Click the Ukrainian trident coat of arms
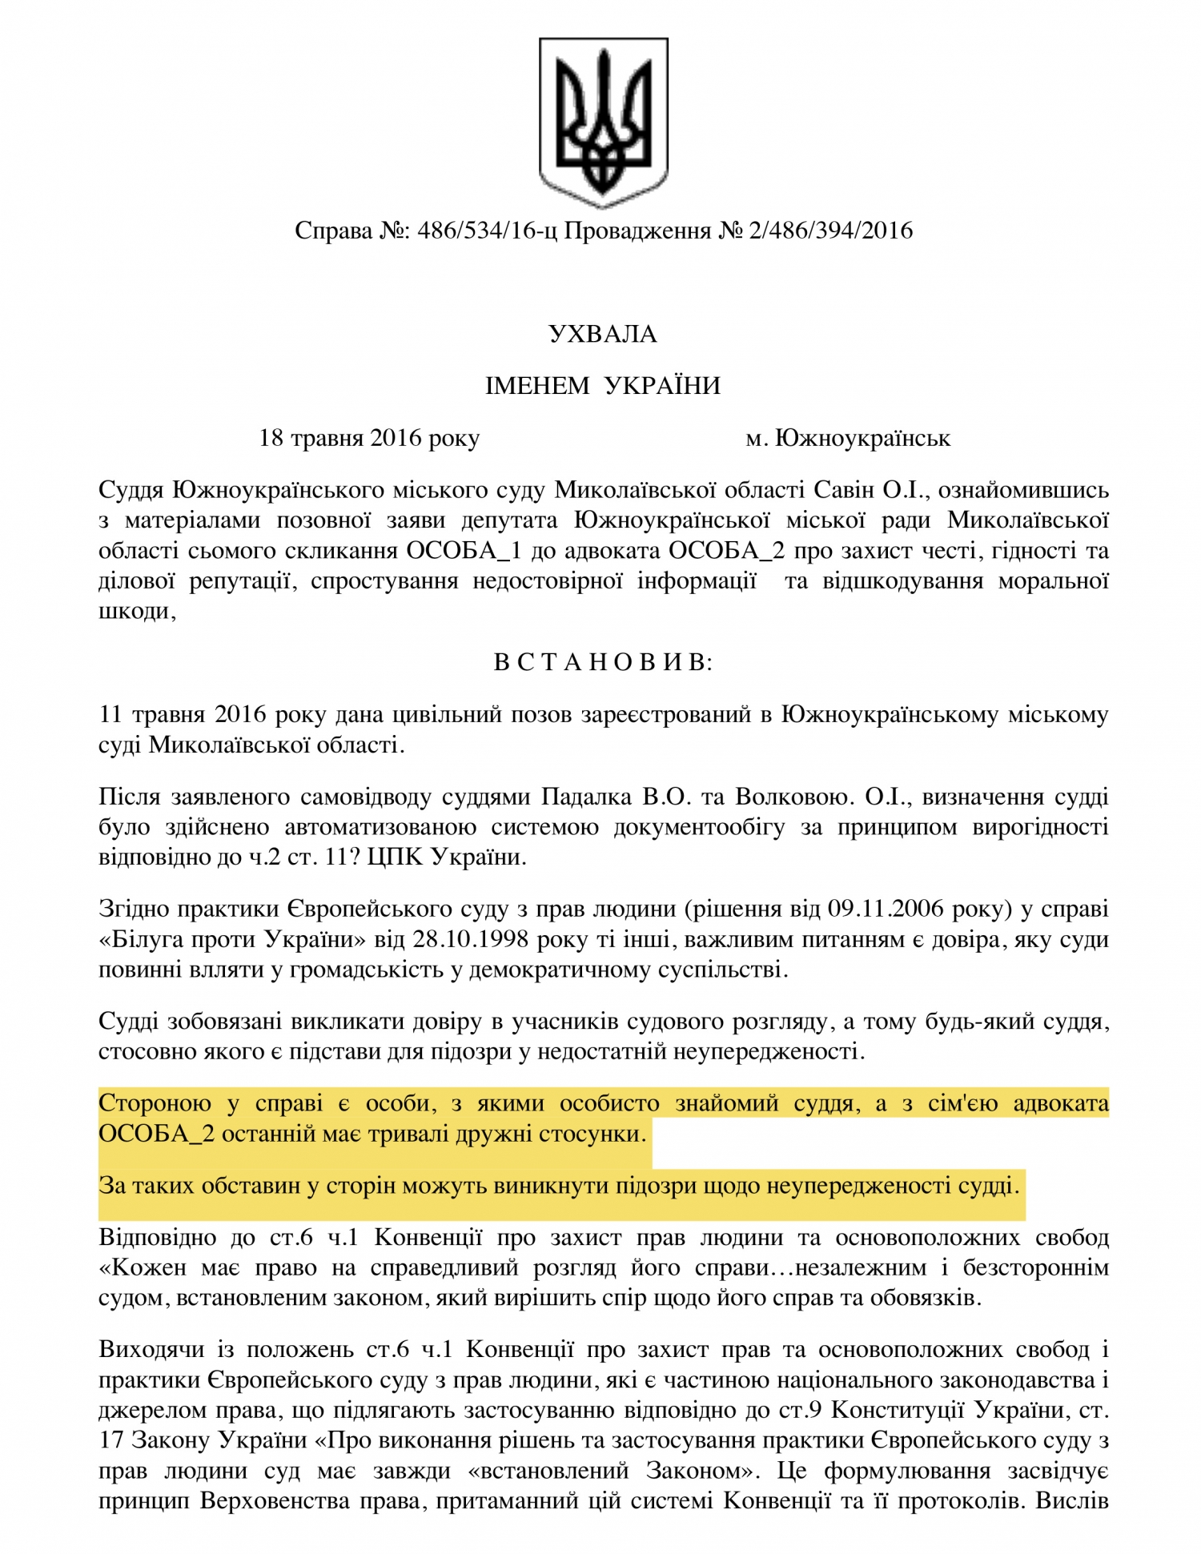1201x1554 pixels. point(603,122)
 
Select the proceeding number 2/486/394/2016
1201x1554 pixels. point(830,231)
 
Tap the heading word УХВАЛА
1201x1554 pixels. point(603,334)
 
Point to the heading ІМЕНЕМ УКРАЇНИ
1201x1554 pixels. point(603,386)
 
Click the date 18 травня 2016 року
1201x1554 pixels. point(369,438)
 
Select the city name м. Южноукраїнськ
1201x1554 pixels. point(848,438)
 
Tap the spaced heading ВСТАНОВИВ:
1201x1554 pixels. point(603,663)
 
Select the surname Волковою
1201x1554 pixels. point(792,797)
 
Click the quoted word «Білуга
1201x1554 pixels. point(143,939)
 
